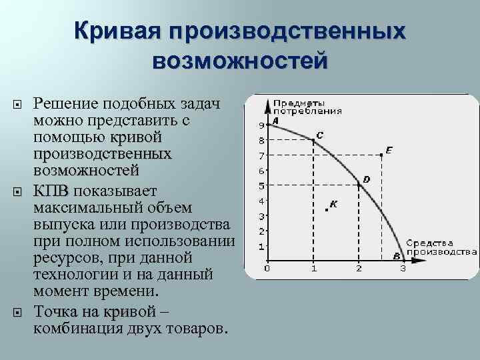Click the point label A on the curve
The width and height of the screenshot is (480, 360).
click(275, 121)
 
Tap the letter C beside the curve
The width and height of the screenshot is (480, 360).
click(320, 135)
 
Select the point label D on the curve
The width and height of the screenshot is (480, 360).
click(366, 179)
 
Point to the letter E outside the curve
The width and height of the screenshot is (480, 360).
click(389, 150)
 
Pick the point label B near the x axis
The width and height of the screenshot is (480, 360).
click(396, 255)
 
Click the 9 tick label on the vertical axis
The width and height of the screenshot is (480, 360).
click(261, 125)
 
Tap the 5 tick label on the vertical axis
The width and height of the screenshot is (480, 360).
click(261, 186)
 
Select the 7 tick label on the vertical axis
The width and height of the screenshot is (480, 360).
click(261, 155)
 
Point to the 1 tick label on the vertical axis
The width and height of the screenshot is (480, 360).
click(261, 247)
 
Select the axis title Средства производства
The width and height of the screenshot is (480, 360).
click(441, 247)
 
